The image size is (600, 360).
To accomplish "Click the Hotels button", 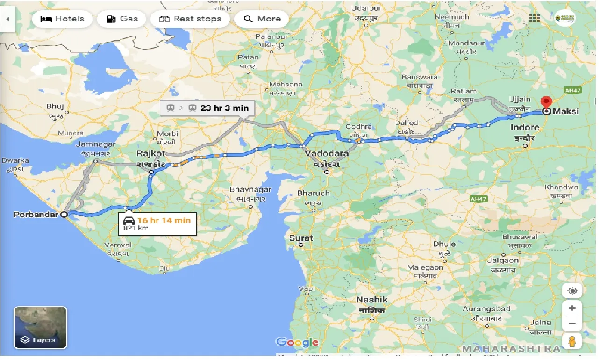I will point(63,19).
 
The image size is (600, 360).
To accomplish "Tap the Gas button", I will point(122,19).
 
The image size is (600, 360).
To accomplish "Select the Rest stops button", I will point(190,19).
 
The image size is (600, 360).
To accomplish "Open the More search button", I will point(262,19).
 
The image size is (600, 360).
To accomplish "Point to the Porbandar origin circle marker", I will point(64,215).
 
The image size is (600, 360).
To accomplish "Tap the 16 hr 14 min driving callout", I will point(157,223).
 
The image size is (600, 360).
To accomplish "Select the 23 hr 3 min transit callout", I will point(207,108).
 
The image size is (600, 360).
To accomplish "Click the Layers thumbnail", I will point(41,328).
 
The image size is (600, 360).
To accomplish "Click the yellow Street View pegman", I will point(572,341).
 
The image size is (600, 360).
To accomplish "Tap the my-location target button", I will point(572,291).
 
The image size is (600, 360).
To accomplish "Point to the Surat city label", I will point(301,238).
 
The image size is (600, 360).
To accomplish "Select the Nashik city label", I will point(371,300).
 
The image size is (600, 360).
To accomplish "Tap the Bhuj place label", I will point(55,107).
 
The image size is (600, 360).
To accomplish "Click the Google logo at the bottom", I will point(297,342).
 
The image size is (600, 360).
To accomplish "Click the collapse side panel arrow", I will point(7,19).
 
